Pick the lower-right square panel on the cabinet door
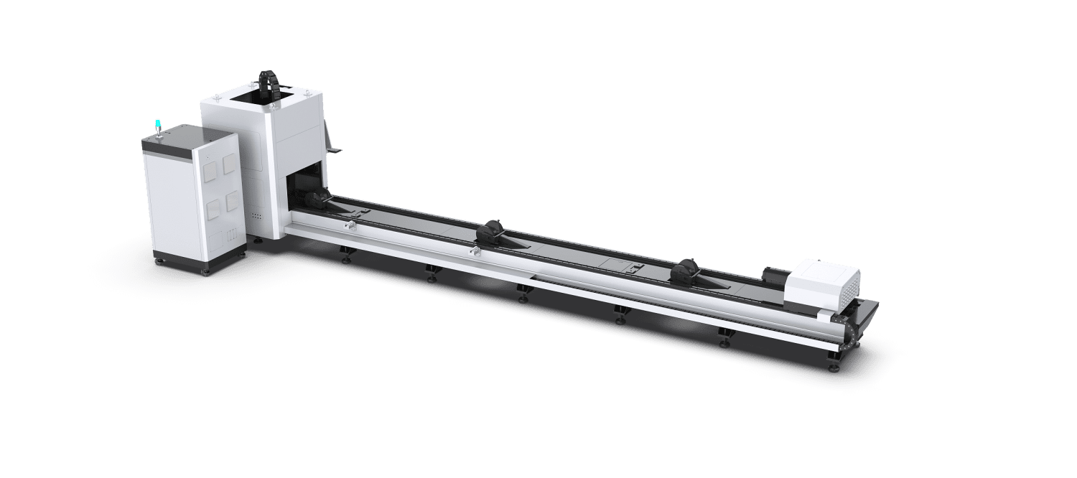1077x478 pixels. tap(231, 203)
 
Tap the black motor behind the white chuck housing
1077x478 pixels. tap(774, 277)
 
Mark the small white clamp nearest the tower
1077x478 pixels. tap(350, 226)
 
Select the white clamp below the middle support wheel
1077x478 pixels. tap(474, 252)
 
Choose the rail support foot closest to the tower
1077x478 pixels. tap(345, 254)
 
